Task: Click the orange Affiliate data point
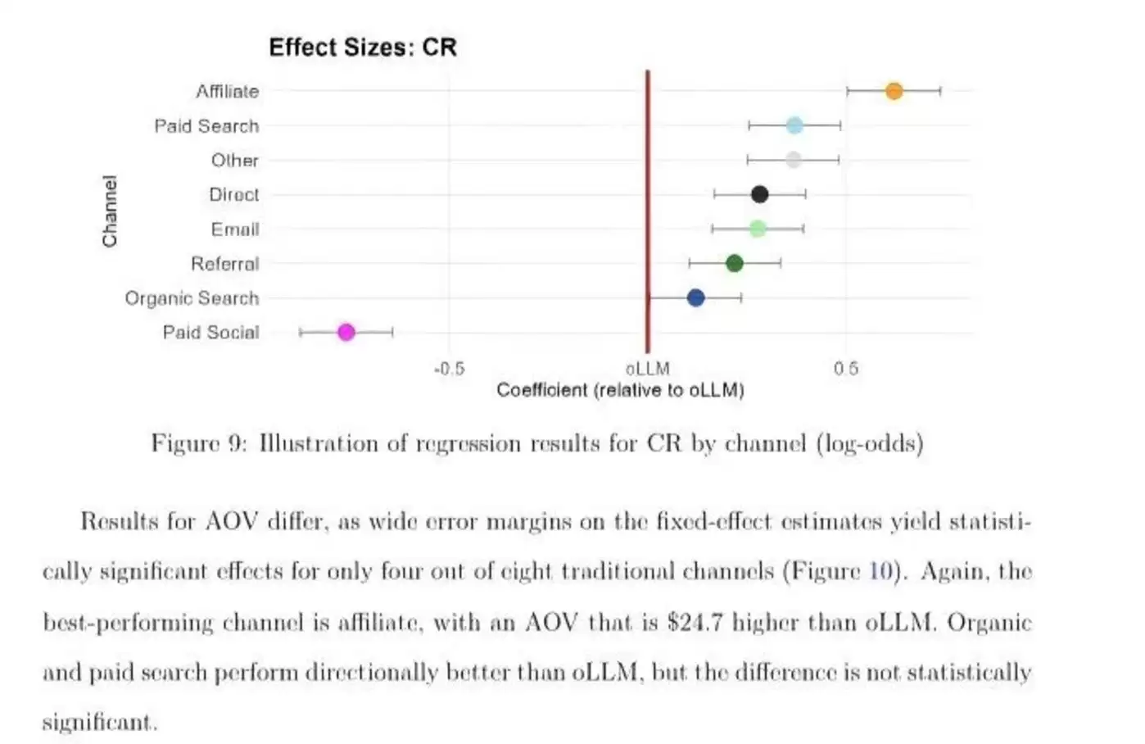pyautogui.click(x=894, y=91)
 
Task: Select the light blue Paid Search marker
pyautogui.click(x=794, y=125)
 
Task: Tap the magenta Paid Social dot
pyautogui.click(x=346, y=332)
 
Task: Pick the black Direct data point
pyautogui.click(x=759, y=194)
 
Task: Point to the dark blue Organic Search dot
pyautogui.click(x=695, y=297)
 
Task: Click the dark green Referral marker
pyautogui.click(x=734, y=263)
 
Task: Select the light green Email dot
pyautogui.click(x=758, y=229)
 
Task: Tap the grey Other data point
pyautogui.click(x=793, y=160)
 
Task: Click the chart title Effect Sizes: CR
pyautogui.click(x=363, y=48)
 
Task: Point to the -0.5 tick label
pyautogui.click(x=449, y=369)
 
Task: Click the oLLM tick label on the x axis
pyautogui.click(x=648, y=369)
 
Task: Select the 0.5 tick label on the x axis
pyautogui.click(x=846, y=369)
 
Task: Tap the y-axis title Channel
pyautogui.click(x=110, y=211)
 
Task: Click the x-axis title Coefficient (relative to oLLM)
pyautogui.click(x=620, y=390)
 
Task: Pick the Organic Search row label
pyautogui.click(x=192, y=298)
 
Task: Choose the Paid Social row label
pyautogui.click(x=210, y=333)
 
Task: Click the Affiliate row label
pyautogui.click(x=227, y=92)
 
